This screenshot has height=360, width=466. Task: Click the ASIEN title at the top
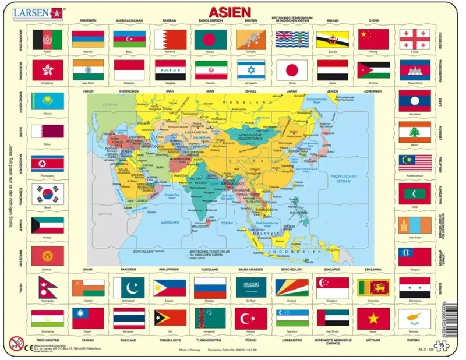click(230, 12)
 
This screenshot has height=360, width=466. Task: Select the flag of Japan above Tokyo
click(292, 70)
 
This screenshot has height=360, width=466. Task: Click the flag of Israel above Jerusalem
click(251, 70)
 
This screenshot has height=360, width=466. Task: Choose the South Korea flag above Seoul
click(48, 194)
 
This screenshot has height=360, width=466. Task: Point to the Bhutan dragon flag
click(251, 38)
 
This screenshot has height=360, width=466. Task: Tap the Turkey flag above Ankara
click(251, 318)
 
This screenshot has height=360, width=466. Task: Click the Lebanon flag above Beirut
click(415, 132)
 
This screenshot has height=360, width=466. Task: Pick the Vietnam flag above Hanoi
click(373, 318)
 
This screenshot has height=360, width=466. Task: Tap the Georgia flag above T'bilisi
click(415, 38)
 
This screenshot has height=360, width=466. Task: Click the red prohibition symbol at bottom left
click(16, 344)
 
